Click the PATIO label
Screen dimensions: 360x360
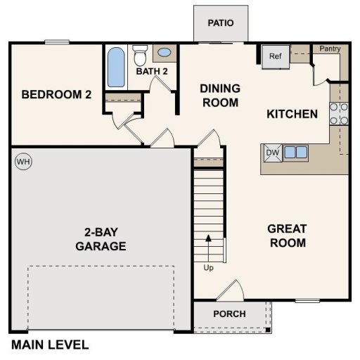coord(220,22)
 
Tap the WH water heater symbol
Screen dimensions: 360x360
coord(24,162)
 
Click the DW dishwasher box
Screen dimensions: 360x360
coord(272,153)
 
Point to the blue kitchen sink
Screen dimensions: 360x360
coord(295,153)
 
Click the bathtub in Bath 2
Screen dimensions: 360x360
coord(115,67)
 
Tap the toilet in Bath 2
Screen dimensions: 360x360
coord(141,54)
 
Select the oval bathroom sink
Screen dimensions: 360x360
coord(165,53)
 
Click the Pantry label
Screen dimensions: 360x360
coord(330,49)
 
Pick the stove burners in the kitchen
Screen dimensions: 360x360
coord(339,114)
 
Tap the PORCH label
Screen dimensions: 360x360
coord(229,314)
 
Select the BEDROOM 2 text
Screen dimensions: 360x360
coord(56,95)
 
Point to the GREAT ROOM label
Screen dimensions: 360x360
coord(287,236)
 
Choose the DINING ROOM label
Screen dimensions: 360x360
coord(220,96)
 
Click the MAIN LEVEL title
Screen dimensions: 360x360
coord(50,345)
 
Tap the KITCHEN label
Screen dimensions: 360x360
coord(292,114)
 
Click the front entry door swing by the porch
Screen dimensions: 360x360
coord(229,290)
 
